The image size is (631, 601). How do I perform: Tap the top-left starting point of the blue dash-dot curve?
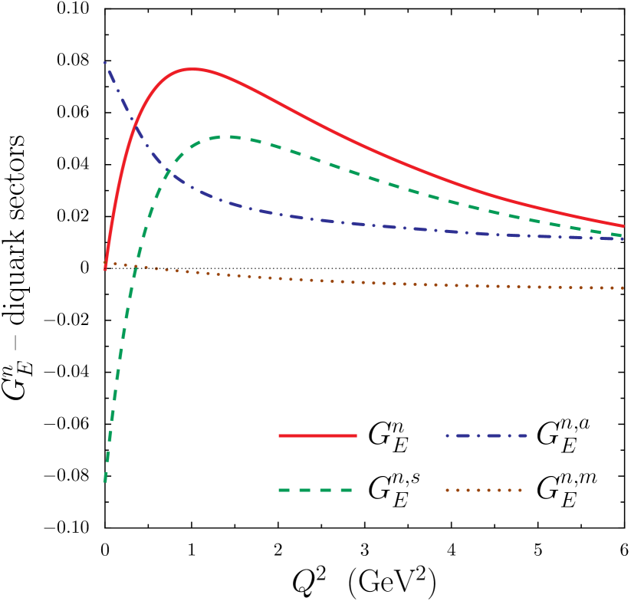(x=105, y=62)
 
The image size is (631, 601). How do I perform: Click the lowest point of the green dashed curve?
(x=105, y=481)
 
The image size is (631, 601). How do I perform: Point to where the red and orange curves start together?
(x=105, y=264)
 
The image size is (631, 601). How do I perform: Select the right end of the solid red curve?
(x=623, y=225)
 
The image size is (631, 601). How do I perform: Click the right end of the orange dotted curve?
(x=623, y=288)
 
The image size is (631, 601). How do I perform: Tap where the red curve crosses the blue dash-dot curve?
(x=135, y=120)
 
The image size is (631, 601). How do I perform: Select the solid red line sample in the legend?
(x=317, y=435)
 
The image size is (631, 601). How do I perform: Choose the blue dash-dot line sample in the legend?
(x=486, y=435)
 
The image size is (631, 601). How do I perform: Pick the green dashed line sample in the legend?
(x=315, y=490)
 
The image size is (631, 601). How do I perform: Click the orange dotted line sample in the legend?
(x=484, y=490)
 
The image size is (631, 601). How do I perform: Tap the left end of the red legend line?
(x=280, y=435)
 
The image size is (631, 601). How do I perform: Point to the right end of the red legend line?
(x=356, y=435)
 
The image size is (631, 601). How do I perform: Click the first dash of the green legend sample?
(x=284, y=490)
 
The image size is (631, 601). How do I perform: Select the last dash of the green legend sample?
(x=346, y=490)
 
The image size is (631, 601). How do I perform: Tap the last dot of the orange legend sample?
(x=520, y=490)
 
